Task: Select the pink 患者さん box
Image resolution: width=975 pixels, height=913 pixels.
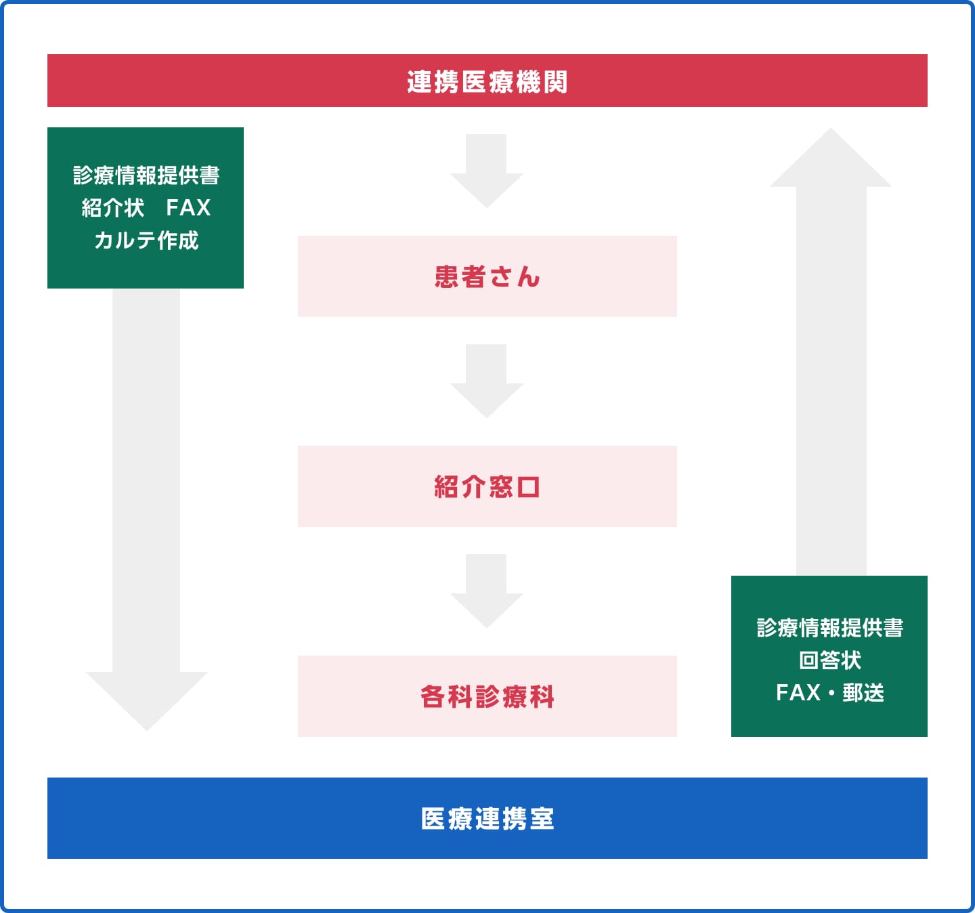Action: pyautogui.click(x=487, y=276)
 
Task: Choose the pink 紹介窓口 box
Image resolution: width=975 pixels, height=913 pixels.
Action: pyautogui.click(x=487, y=486)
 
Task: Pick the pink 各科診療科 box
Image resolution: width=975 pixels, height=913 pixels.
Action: pyautogui.click(x=487, y=696)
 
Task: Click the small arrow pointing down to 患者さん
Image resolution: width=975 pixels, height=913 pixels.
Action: pyautogui.click(x=486, y=171)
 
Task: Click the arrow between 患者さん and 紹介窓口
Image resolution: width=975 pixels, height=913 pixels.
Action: pyautogui.click(x=486, y=381)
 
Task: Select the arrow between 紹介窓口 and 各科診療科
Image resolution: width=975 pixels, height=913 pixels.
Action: pyautogui.click(x=486, y=591)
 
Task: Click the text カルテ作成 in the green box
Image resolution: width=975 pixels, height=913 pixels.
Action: pyautogui.click(x=146, y=240)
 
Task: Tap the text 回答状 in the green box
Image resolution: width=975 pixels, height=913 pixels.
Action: pyautogui.click(x=829, y=660)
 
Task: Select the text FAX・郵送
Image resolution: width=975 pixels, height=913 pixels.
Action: pyautogui.click(x=829, y=692)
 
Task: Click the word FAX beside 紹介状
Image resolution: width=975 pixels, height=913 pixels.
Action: pyautogui.click(x=188, y=207)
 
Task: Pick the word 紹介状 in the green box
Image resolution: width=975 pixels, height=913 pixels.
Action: pyautogui.click(x=112, y=207)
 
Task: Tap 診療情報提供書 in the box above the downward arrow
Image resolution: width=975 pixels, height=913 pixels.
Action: pyautogui.click(x=146, y=175)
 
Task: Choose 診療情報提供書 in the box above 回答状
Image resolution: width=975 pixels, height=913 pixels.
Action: pyautogui.click(x=829, y=628)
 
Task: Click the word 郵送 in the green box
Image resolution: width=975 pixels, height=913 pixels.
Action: pyautogui.click(x=863, y=692)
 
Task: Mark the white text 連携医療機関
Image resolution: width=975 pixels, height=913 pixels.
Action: pyautogui.click(x=487, y=81)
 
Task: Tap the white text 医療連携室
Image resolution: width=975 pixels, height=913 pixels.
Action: pyautogui.click(x=487, y=818)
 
